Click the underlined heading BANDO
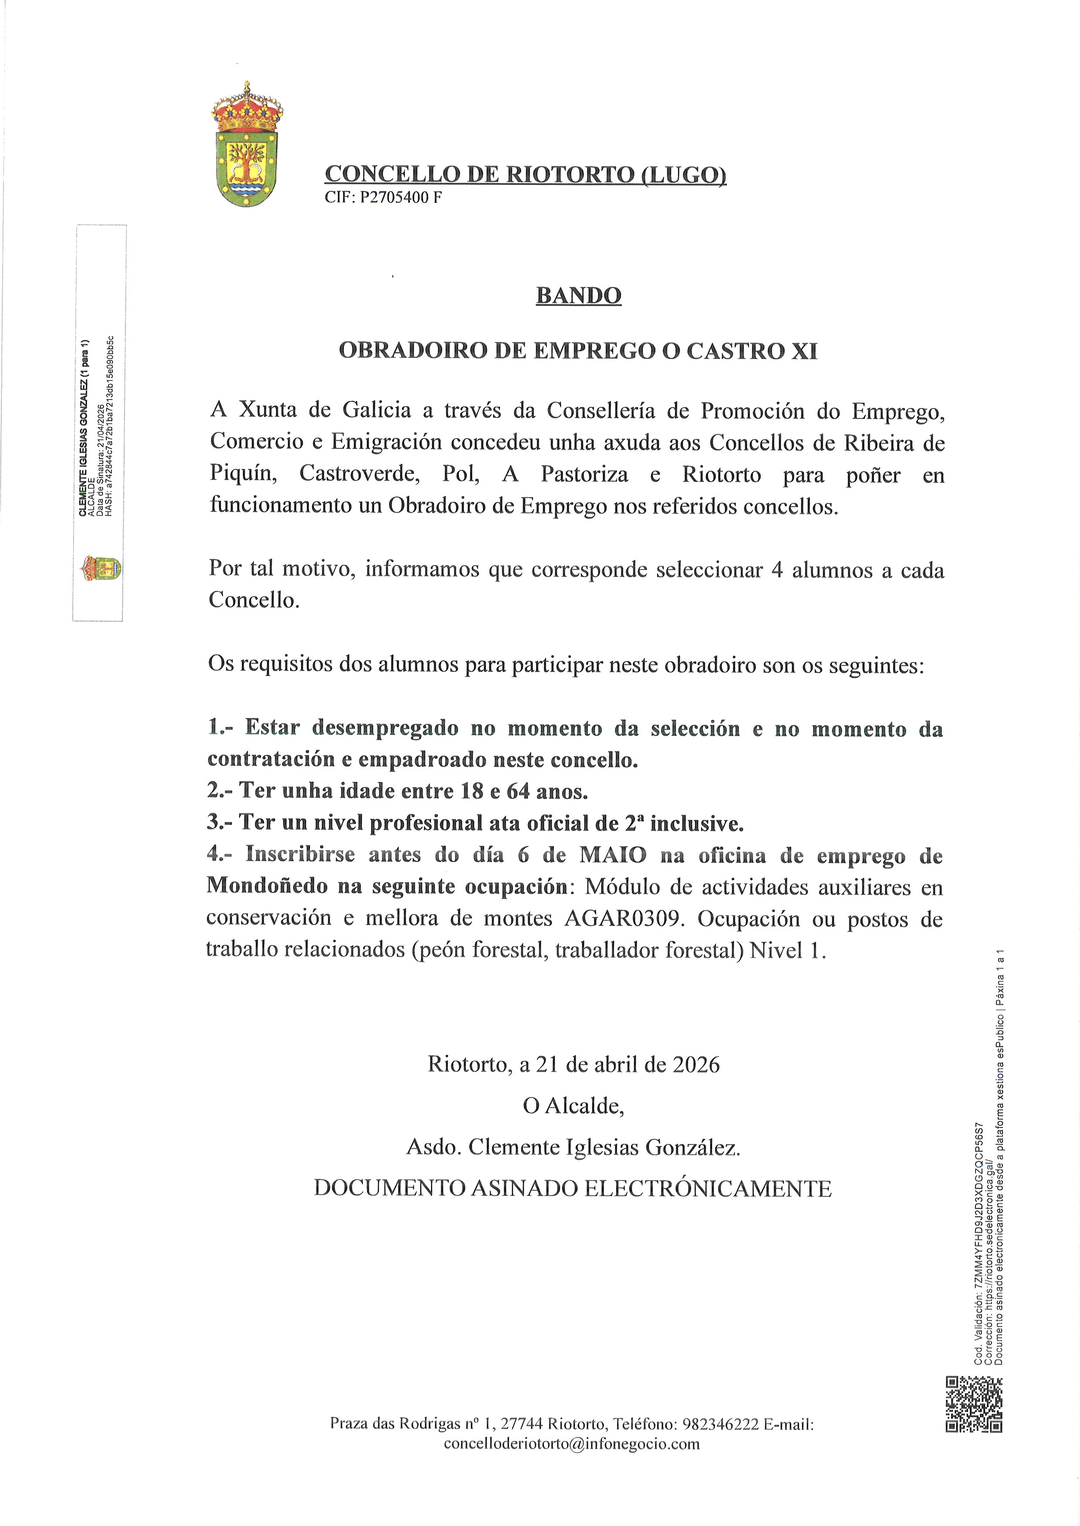578,295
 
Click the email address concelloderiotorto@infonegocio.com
571,1444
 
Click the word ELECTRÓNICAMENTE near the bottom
708,1188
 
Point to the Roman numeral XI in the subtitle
803,350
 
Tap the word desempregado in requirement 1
385,728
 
